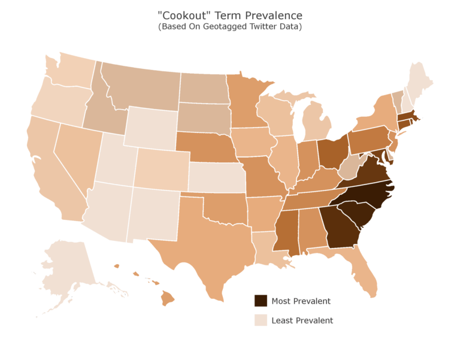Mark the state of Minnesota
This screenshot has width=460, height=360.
[x=246, y=102]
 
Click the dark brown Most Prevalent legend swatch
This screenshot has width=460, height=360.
[x=261, y=301]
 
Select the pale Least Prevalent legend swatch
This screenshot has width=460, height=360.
[x=261, y=320]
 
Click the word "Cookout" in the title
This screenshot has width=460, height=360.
[x=188, y=15]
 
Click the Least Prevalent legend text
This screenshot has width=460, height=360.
[x=302, y=320]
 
